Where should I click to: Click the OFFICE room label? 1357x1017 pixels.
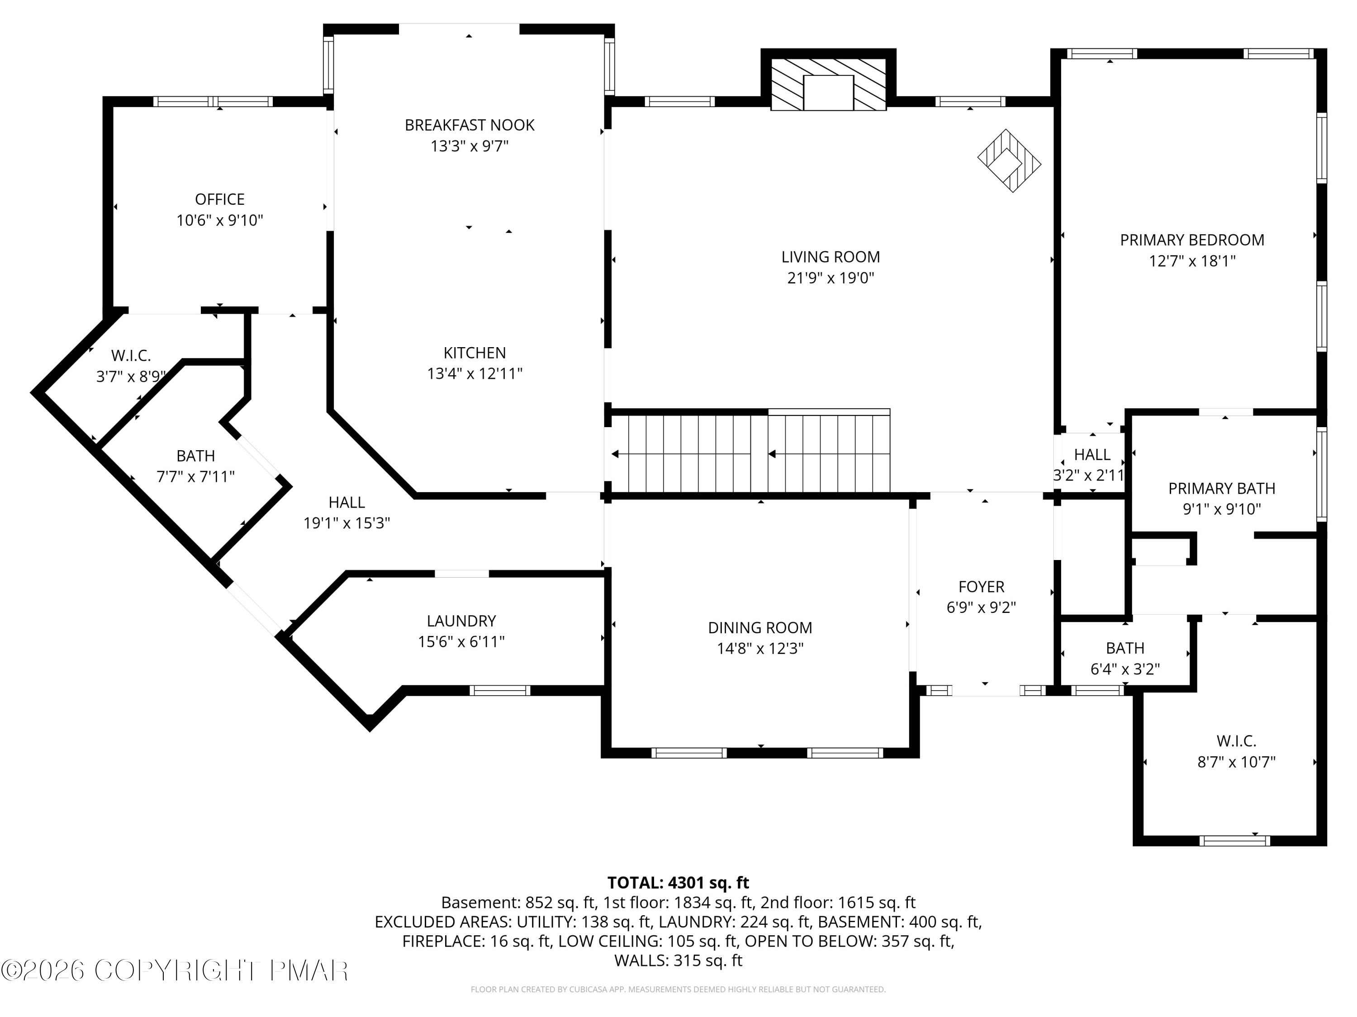point(220,199)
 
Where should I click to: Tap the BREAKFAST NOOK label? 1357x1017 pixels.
point(470,125)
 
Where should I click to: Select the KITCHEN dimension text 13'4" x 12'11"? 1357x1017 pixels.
point(475,373)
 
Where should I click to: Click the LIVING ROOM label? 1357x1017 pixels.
point(830,257)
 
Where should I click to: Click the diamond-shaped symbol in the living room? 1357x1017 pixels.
point(1009,160)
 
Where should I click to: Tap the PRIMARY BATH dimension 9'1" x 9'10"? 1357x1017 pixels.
point(1221,509)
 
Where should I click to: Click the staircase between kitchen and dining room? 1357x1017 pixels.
point(751,454)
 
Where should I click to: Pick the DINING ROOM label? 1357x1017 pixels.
point(760,628)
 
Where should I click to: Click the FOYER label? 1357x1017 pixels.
point(982,587)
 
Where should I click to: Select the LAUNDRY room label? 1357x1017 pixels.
point(461,621)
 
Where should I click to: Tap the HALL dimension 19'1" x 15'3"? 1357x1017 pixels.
point(346,523)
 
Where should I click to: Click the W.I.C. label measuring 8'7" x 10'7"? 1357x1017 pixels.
point(1236,741)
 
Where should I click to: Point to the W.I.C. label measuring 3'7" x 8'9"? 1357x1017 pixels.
point(131,356)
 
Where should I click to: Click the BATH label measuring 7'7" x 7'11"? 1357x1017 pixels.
point(196,456)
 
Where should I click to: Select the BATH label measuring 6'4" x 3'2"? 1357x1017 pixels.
point(1125,648)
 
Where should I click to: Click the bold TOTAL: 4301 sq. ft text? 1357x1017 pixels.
point(678,883)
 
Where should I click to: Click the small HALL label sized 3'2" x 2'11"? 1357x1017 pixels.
point(1092,455)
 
